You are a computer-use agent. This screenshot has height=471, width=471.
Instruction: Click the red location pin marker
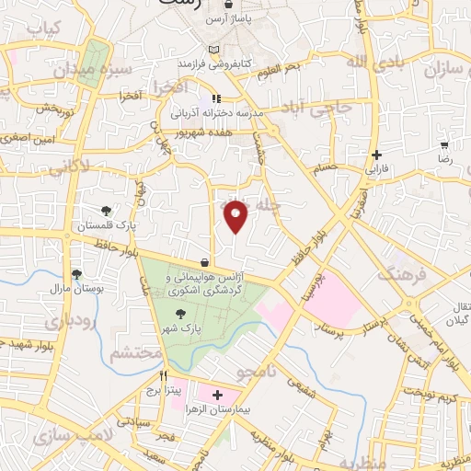(x=236, y=216)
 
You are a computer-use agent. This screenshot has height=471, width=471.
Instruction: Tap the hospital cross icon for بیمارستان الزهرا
(x=216, y=396)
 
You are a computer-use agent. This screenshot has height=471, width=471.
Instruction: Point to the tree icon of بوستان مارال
(x=77, y=273)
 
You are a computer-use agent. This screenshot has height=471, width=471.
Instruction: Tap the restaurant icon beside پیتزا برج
(x=164, y=375)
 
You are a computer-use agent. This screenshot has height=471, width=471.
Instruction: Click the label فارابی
(x=377, y=169)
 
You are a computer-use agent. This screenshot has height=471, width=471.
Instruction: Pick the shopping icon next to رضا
(x=445, y=144)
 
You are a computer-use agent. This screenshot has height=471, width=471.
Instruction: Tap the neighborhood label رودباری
(x=45, y=323)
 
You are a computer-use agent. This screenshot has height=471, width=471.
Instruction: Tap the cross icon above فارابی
(x=377, y=155)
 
